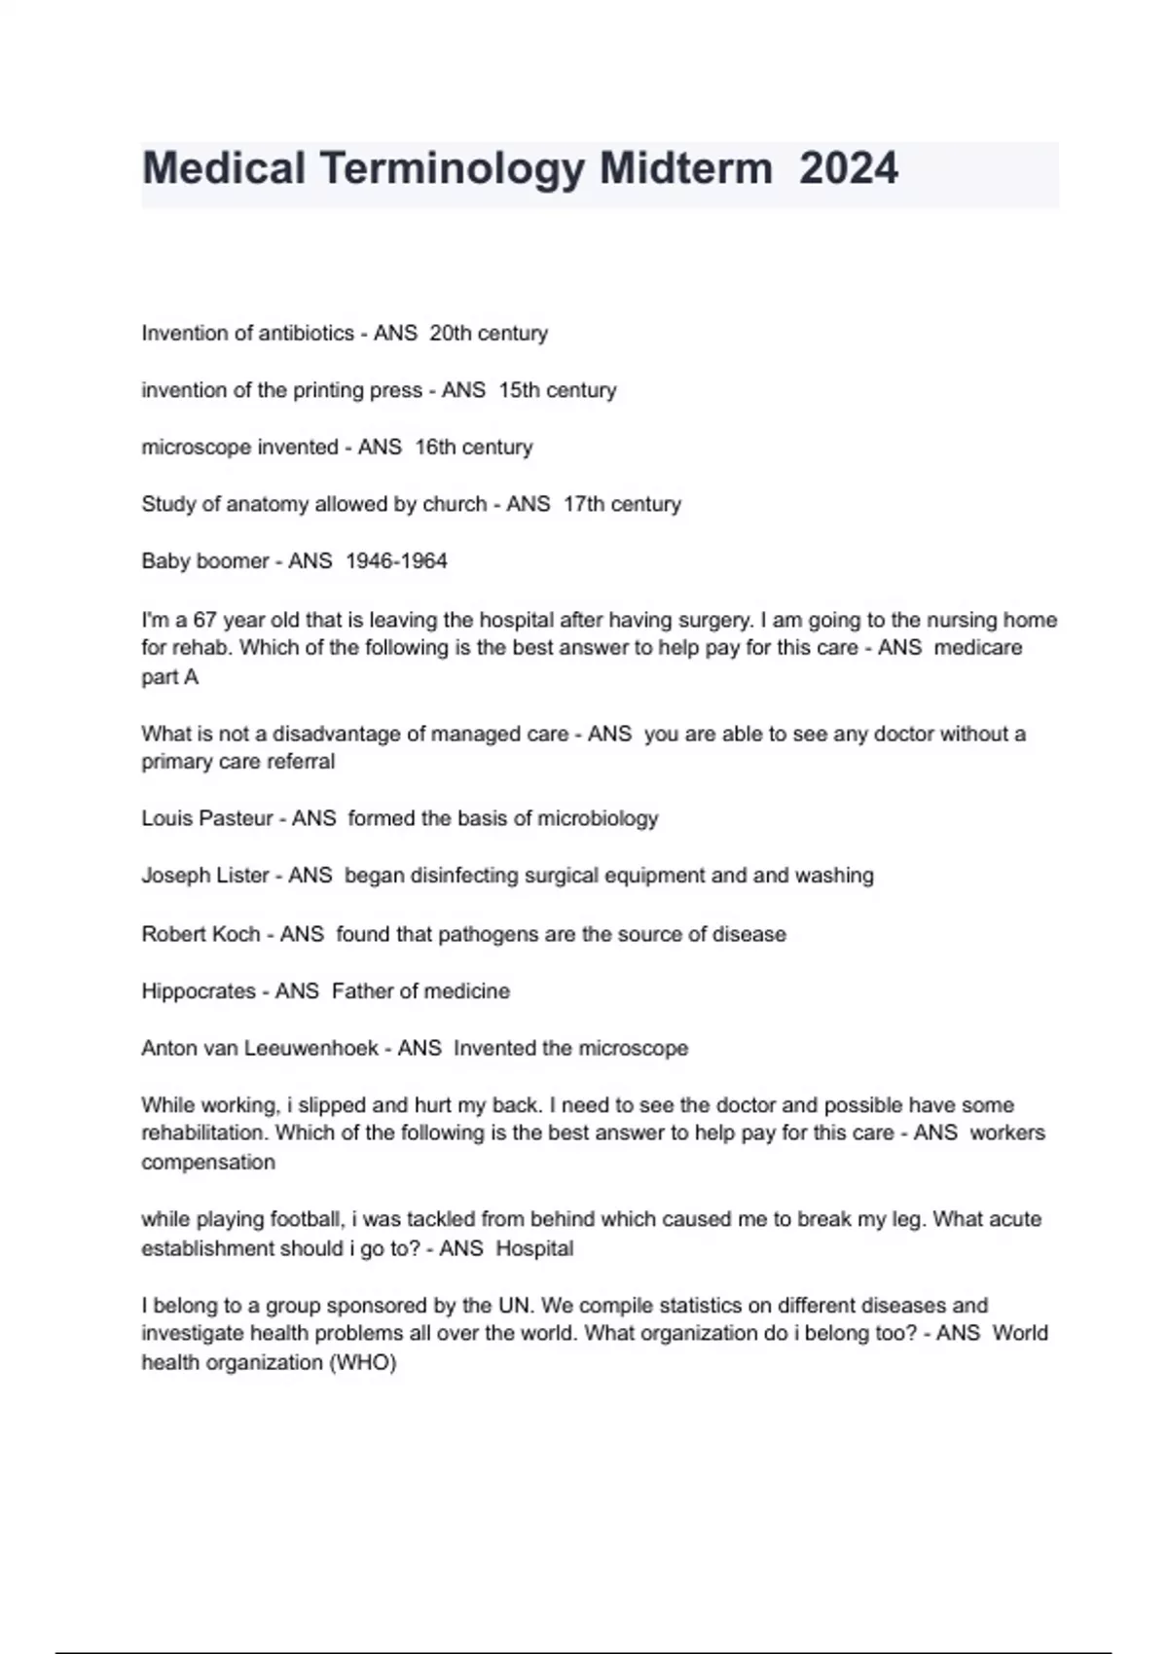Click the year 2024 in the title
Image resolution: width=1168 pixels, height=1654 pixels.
[x=848, y=168]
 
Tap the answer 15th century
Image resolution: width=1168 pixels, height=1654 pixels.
[x=557, y=390]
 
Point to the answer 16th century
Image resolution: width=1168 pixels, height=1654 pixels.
[x=473, y=448]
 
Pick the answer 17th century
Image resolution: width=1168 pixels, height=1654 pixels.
[x=621, y=504]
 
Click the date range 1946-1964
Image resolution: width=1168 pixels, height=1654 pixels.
[x=396, y=561]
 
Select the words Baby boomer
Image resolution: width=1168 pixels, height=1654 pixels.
[x=204, y=561]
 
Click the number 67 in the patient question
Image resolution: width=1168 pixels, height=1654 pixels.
[x=204, y=620]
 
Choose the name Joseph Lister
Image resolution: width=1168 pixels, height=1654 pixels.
[x=204, y=876]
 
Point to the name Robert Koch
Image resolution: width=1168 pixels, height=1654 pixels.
[x=201, y=934]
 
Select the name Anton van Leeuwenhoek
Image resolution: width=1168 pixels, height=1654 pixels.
[x=259, y=1049]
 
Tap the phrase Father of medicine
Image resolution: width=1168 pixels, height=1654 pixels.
[x=420, y=991]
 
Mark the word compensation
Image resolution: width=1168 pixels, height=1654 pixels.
[x=208, y=1163]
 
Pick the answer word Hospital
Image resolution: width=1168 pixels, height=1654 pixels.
[x=534, y=1248]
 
